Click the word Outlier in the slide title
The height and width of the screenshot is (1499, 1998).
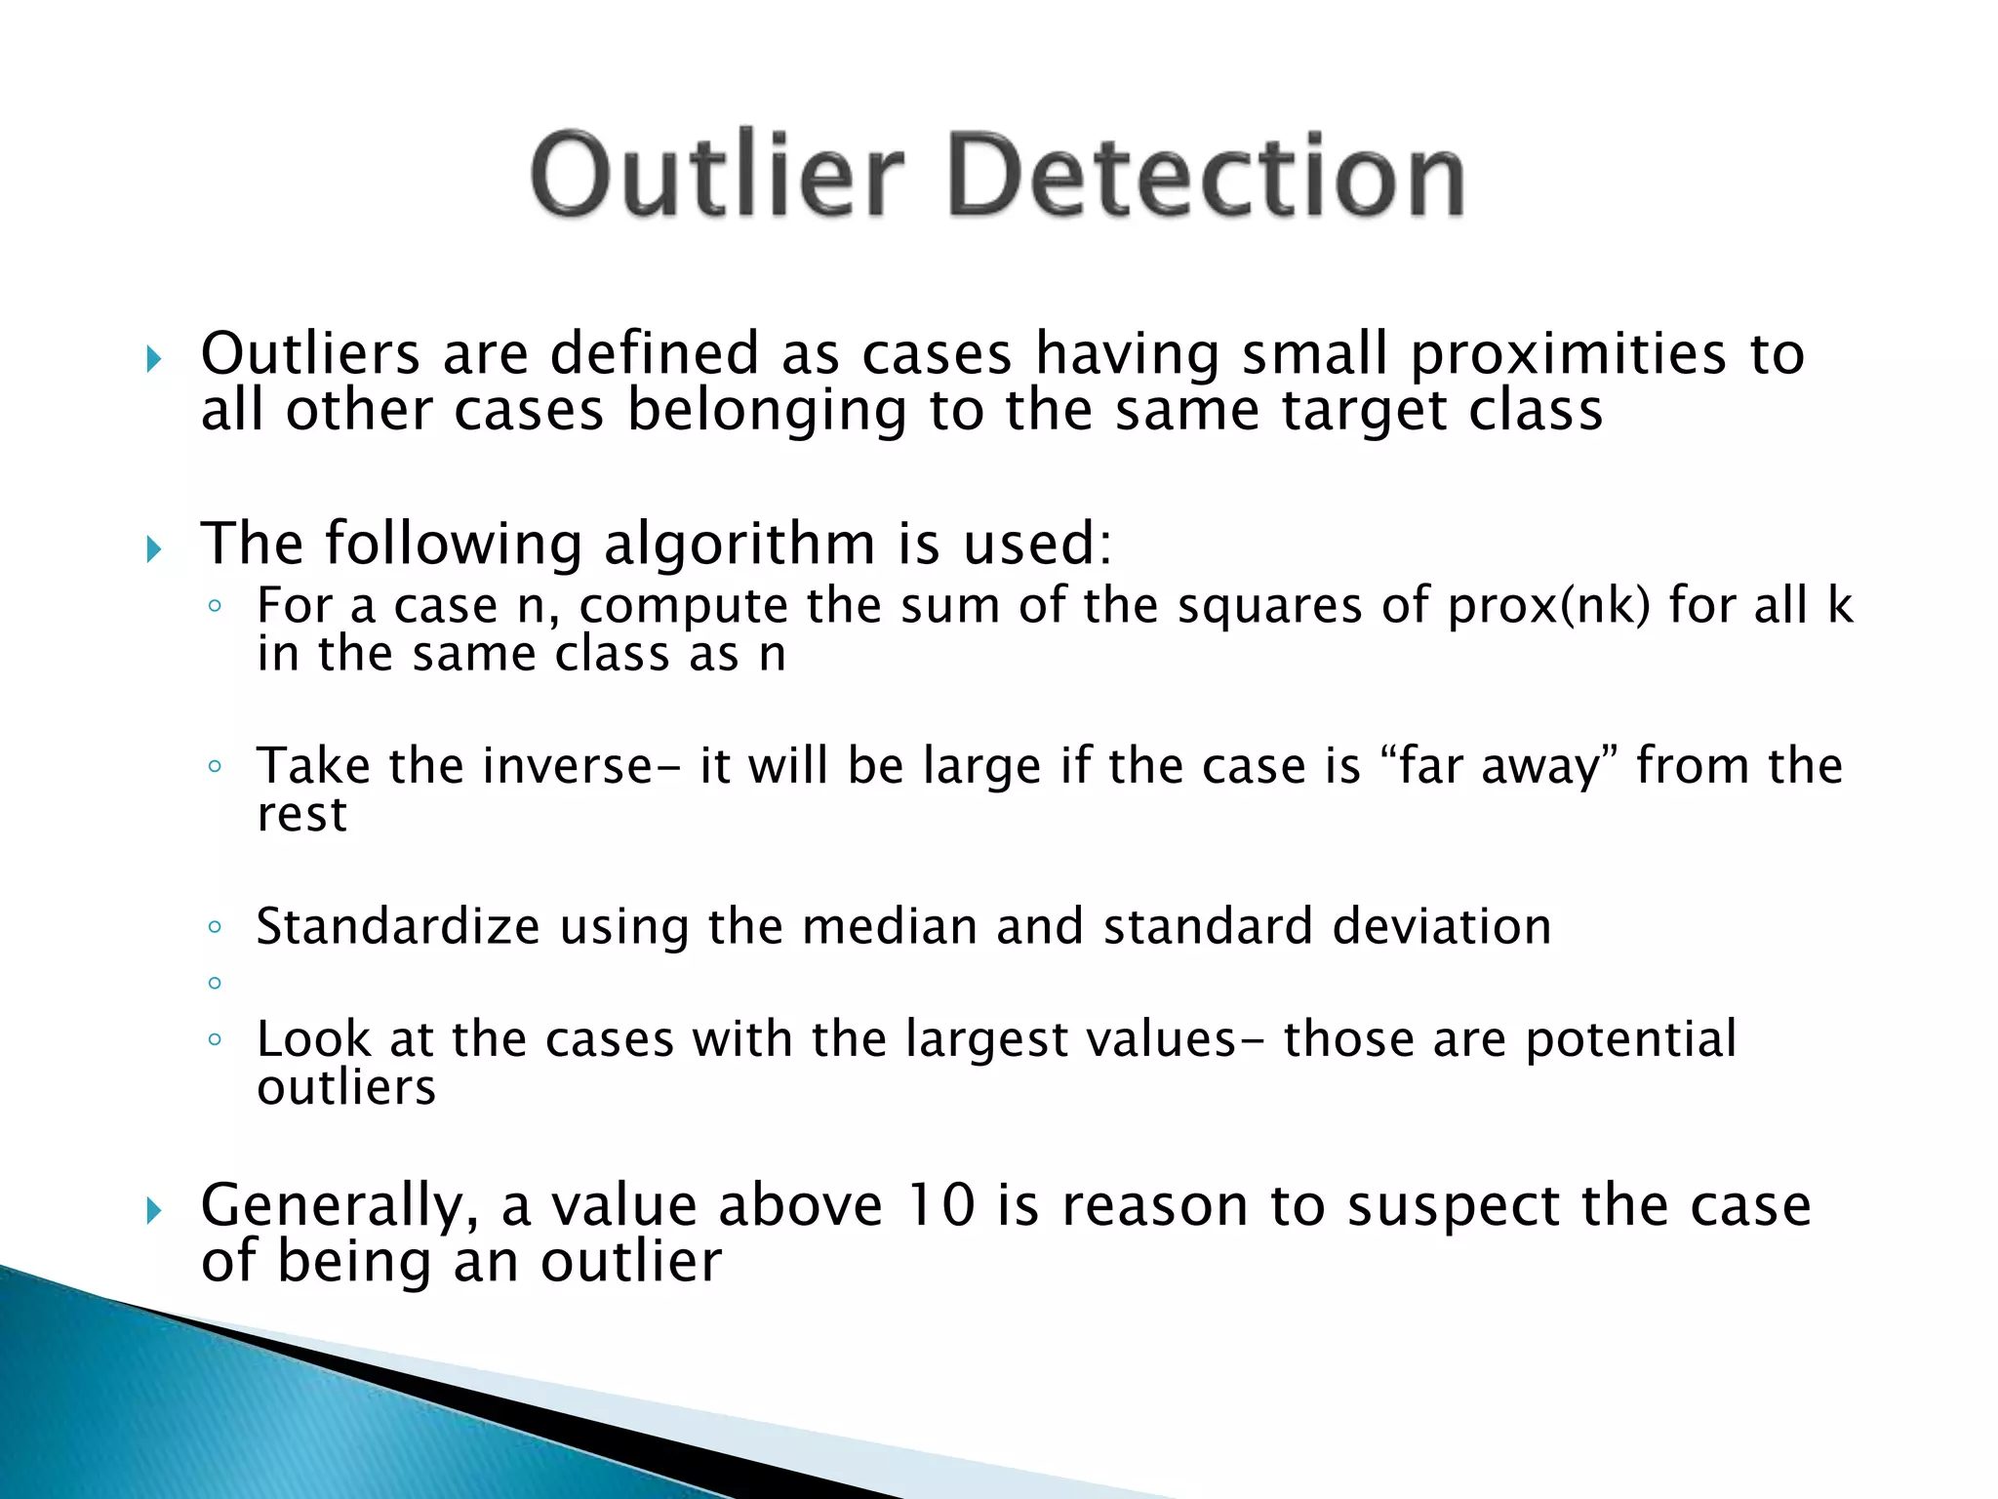coord(717,176)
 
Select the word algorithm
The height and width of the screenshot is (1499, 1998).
coord(739,545)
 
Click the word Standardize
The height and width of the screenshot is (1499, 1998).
coord(398,926)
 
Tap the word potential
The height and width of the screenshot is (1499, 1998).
coord(1631,1039)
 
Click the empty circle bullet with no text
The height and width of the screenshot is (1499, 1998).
coord(215,983)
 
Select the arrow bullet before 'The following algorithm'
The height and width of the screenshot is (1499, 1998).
coord(153,549)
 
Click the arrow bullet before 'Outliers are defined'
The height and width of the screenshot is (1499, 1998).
coord(153,359)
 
